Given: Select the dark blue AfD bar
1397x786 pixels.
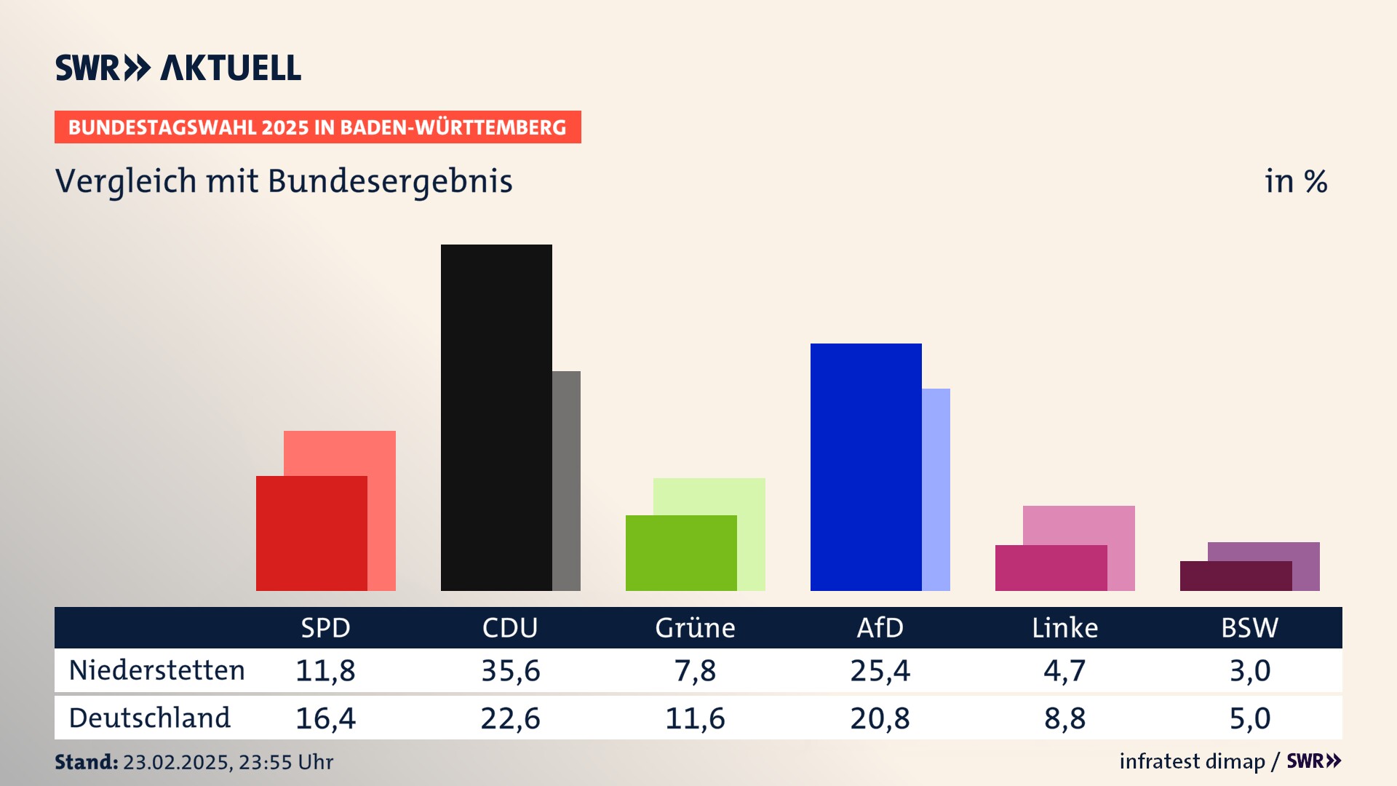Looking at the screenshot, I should click(866, 467).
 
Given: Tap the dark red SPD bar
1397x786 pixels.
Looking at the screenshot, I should click(311, 533).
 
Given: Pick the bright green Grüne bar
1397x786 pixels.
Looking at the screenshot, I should click(681, 552).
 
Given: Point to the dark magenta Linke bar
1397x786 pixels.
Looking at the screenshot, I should click(1051, 568).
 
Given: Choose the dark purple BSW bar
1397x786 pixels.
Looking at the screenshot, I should click(1235, 576).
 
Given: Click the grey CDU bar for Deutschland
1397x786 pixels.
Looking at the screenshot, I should click(567, 480).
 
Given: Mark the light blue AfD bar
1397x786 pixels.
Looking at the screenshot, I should click(936, 489).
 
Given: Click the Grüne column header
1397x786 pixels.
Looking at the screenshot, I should click(695, 627).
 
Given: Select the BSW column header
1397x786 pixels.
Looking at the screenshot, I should click(1249, 627).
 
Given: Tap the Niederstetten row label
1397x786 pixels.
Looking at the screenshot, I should click(156, 670).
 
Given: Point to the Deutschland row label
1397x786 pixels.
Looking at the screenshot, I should click(149, 718).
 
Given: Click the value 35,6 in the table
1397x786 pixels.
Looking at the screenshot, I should click(510, 670).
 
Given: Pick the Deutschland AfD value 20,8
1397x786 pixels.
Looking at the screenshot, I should click(880, 718).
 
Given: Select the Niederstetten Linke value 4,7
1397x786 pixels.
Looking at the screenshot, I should click(1064, 670).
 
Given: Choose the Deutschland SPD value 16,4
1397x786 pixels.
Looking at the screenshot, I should click(325, 718).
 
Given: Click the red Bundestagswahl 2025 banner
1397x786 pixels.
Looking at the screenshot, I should click(317, 127).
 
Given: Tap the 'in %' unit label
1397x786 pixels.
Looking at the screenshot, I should click(1296, 181).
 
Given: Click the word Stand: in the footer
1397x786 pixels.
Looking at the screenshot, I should click(86, 762).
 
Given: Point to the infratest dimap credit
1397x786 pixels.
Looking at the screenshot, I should click(1192, 761).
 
